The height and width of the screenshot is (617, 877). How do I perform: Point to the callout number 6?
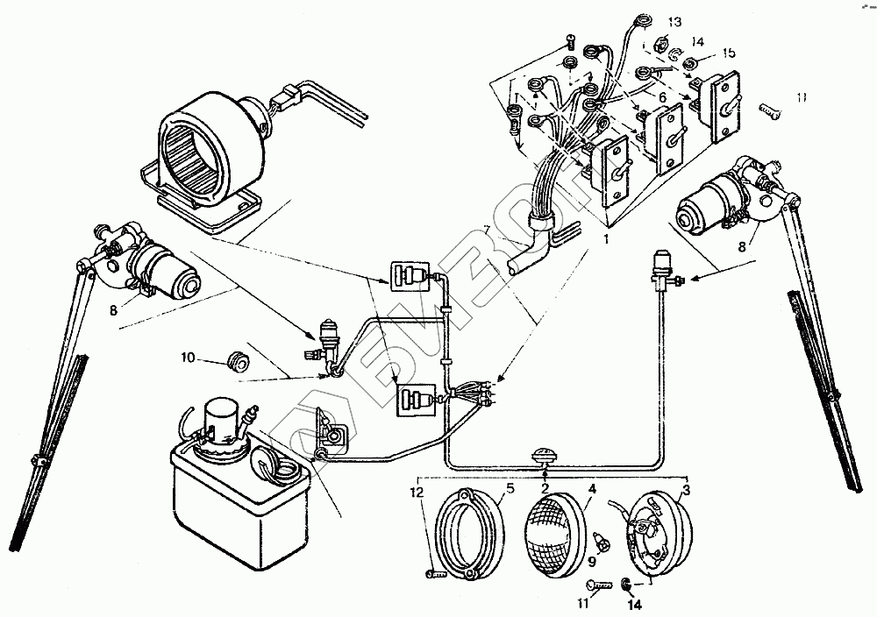(663, 97)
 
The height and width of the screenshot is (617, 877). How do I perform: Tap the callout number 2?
(545, 488)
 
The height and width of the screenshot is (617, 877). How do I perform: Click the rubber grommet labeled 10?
(236, 359)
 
